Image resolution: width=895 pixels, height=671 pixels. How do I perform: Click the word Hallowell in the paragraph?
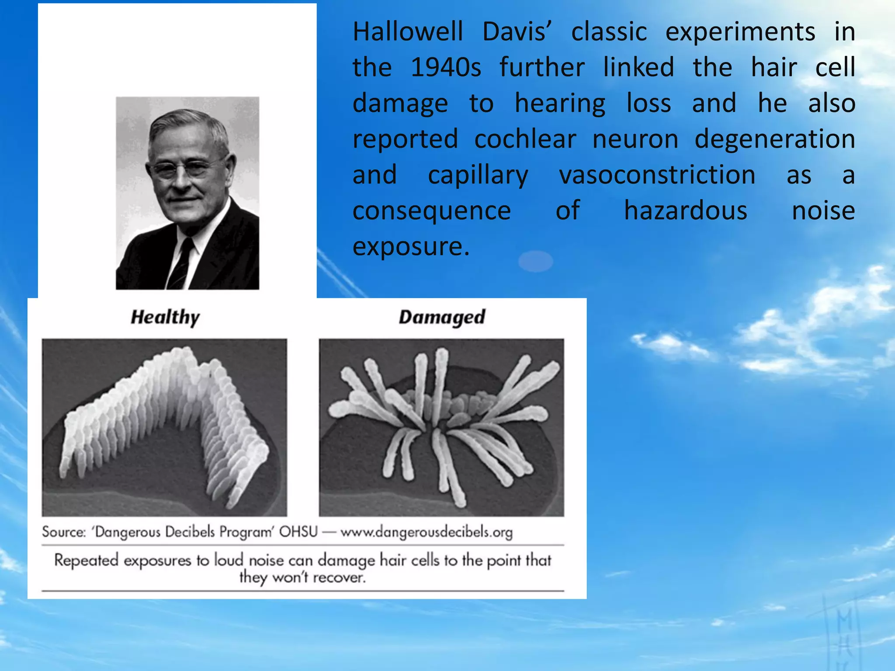coord(407,32)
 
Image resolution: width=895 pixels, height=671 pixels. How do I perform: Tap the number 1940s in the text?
coord(446,68)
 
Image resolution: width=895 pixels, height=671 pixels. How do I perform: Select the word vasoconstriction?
coord(657,175)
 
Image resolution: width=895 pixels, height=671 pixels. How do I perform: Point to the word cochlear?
coord(525,139)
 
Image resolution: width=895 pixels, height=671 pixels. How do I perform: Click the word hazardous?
coord(685,211)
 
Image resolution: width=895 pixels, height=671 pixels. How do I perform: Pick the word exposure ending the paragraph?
coord(410,247)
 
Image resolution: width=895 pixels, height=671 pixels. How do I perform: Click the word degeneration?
coord(774,139)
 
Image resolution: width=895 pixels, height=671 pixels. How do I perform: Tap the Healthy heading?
coord(165,318)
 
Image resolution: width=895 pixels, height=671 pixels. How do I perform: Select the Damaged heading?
coord(442,318)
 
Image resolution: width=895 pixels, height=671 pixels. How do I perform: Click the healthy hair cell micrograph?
coord(164,427)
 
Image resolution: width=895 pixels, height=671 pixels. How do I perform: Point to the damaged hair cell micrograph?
coord(441,427)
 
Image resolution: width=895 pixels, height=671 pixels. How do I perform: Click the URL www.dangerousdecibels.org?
coord(426,532)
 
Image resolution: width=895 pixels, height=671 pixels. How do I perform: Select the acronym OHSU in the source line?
coord(298,532)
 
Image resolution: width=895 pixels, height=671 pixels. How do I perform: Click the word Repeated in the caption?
coord(86,560)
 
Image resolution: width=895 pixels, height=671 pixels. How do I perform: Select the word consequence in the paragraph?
coord(431,211)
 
